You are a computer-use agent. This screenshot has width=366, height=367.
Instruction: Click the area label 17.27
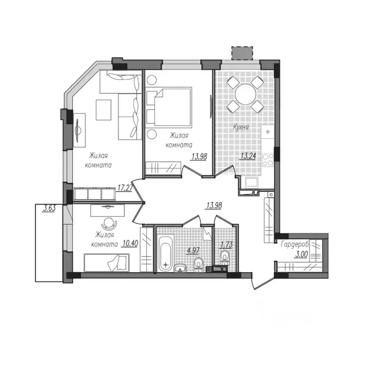tap(125, 188)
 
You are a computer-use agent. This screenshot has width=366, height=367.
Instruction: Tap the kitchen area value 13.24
tap(248, 156)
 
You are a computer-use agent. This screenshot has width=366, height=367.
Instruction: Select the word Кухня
tap(241, 128)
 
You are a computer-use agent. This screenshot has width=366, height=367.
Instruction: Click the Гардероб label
tap(295, 245)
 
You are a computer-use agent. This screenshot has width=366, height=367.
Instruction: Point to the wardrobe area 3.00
tap(301, 254)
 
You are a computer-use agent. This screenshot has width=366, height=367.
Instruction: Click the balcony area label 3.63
tap(49, 208)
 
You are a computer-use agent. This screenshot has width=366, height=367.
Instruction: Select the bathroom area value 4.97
tap(193, 251)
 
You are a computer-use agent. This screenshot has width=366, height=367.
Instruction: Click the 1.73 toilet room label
tap(226, 245)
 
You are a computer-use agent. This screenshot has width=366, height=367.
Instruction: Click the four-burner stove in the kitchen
tap(268, 159)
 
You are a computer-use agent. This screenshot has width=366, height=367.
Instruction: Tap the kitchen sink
tap(251, 182)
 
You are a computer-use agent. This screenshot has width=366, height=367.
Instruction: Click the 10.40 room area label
tap(130, 244)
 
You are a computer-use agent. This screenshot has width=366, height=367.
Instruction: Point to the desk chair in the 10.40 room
tap(109, 224)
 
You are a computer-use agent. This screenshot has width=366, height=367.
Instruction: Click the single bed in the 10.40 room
tap(107, 263)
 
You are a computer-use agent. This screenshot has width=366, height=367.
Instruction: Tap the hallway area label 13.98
tap(214, 205)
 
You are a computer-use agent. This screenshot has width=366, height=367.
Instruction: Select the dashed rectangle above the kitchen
tap(243, 53)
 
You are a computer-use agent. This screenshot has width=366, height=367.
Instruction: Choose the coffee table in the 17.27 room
tap(103, 110)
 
